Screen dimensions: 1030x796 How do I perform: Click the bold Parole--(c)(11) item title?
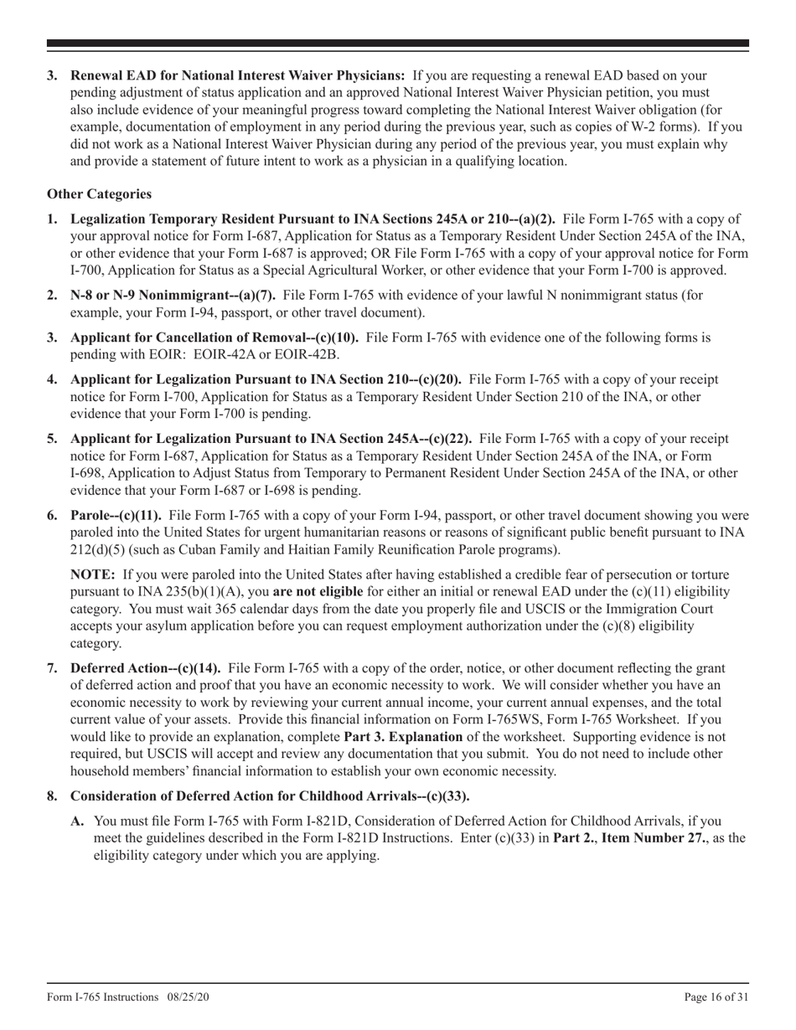[116, 516]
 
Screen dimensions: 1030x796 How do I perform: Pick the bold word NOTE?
[93, 575]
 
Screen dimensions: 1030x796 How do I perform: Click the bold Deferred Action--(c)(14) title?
[146, 668]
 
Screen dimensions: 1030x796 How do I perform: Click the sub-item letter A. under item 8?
[78, 821]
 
